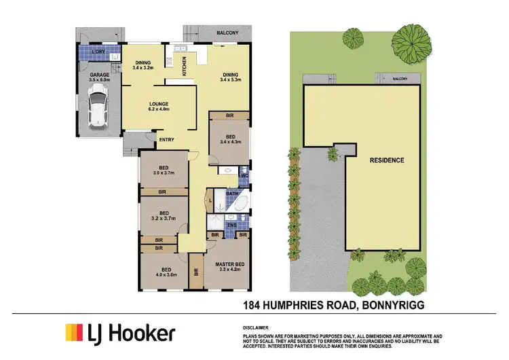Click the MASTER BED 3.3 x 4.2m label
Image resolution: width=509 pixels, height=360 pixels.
pyautogui.click(x=229, y=266)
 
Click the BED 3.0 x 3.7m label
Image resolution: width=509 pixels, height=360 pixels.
pyautogui.click(x=163, y=170)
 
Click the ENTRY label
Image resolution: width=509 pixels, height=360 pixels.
pyautogui.click(x=166, y=140)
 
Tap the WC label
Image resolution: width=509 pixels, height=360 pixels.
pyautogui.click(x=244, y=175)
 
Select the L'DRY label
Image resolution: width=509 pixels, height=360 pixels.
pyautogui.click(x=88, y=53)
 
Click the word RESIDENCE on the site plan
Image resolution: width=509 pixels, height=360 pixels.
pyautogui.click(x=388, y=160)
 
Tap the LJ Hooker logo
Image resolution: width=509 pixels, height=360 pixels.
pyautogui.click(x=119, y=334)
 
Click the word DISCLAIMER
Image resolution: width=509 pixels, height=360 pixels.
pyautogui.click(x=259, y=327)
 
